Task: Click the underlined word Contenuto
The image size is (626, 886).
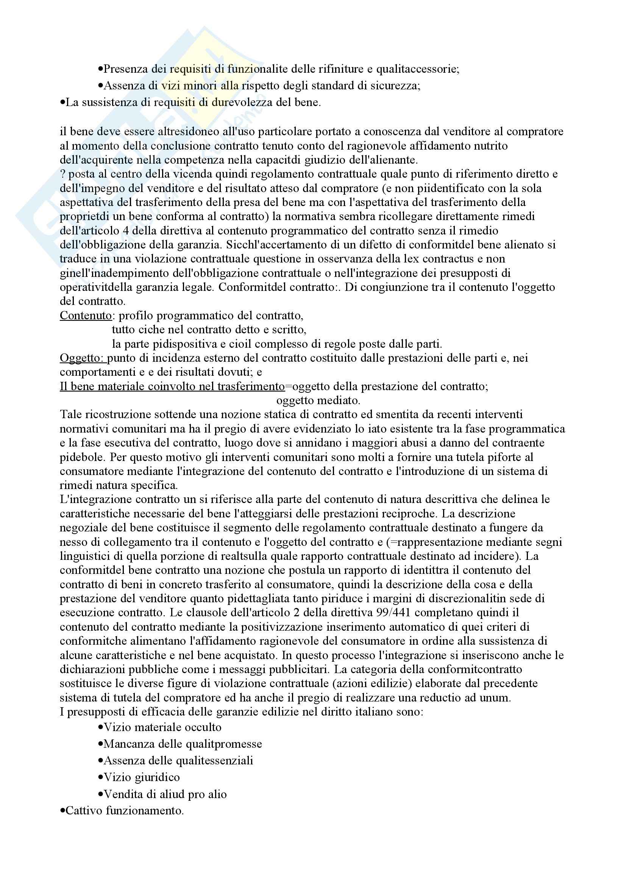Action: (86, 316)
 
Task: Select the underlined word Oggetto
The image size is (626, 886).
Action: (83, 358)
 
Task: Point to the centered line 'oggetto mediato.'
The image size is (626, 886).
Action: (318, 400)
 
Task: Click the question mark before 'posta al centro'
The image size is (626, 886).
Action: (63, 174)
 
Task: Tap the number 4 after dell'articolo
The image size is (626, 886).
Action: (135, 231)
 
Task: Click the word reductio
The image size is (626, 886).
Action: (423, 698)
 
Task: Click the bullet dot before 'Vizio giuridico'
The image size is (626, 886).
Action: (100, 777)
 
